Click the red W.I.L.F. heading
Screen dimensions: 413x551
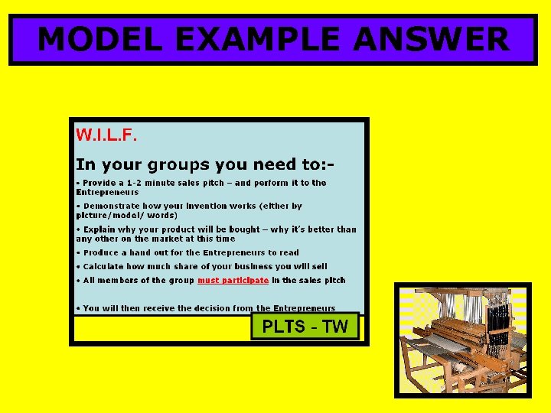click(x=106, y=135)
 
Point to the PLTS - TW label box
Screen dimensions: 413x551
click(x=305, y=327)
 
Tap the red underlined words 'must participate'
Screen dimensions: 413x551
click(x=233, y=281)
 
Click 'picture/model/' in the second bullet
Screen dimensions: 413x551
click(x=108, y=215)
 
